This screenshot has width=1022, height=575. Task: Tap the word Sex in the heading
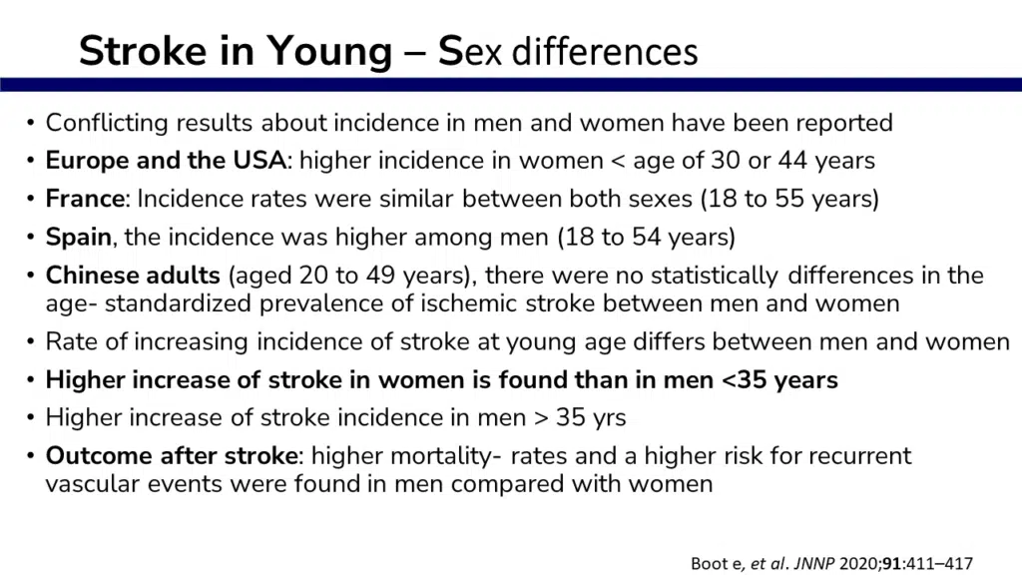click(470, 51)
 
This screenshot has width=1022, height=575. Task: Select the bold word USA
click(259, 161)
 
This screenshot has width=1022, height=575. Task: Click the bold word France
click(85, 199)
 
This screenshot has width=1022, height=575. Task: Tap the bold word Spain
click(78, 238)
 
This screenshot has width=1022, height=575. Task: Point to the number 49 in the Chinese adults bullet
click(380, 276)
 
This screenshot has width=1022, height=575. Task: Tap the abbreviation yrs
click(609, 418)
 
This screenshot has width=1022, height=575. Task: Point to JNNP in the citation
click(813, 563)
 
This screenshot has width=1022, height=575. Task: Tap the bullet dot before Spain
click(31, 238)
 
